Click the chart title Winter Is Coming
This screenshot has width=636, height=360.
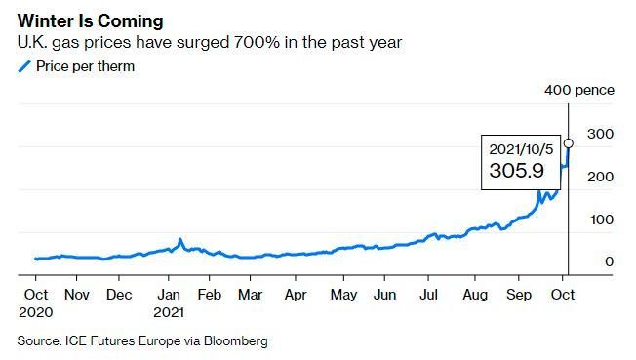(x=91, y=20)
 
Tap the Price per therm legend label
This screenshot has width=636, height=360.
(x=84, y=66)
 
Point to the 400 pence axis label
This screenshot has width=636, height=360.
(x=579, y=90)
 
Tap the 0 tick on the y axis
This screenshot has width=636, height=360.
(x=609, y=262)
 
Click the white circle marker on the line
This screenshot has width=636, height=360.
(x=569, y=143)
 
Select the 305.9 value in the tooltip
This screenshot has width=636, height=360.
(x=516, y=171)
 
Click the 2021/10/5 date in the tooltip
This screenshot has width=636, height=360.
(x=521, y=150)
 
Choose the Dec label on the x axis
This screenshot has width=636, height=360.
(x=119, y=294)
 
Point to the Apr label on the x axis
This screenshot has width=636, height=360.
(x=296, y=294)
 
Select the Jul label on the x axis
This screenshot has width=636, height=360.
(x=427, y=294)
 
